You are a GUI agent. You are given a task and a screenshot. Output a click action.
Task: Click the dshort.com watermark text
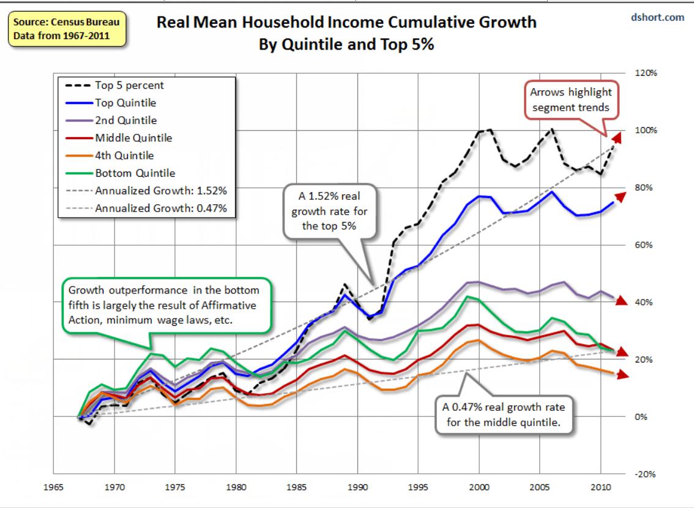click(x=657, y=18)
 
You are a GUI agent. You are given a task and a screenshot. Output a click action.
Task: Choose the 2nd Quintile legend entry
click(x=125, y=120)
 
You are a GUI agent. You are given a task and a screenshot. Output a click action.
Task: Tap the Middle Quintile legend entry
click(x=133, y=138)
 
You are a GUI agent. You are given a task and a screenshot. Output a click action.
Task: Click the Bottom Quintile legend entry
click(x=135, y=173)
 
